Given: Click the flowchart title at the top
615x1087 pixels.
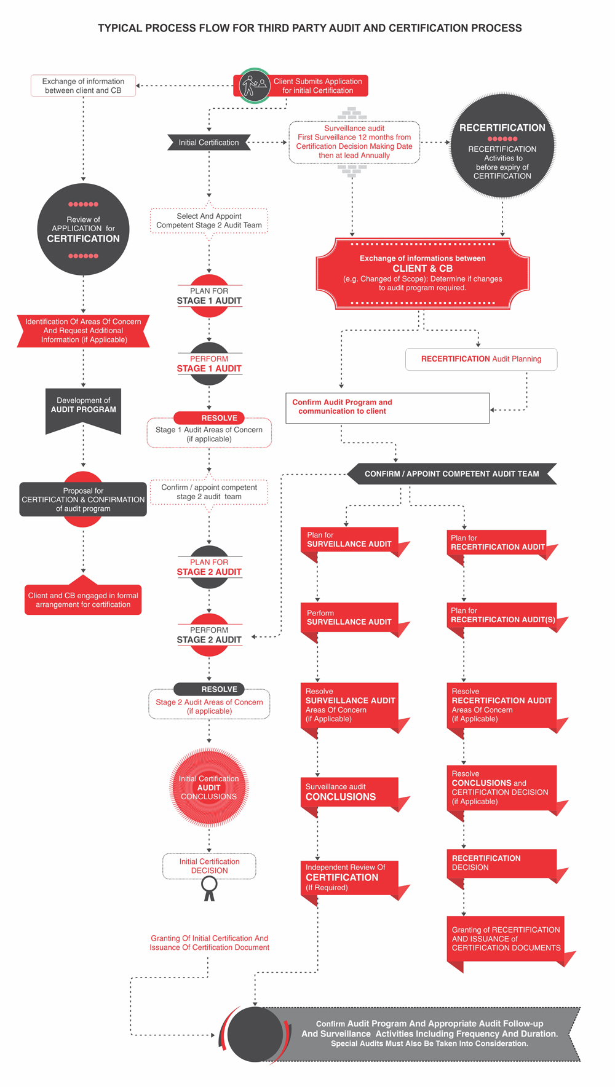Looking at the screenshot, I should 309,28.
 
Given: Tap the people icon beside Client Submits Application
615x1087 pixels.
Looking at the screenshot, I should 254,85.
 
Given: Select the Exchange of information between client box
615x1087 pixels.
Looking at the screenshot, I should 83,85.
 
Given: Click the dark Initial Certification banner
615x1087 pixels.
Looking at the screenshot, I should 209,142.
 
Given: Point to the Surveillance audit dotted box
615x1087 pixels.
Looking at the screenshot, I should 354,142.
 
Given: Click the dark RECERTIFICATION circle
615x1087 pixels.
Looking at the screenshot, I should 502,146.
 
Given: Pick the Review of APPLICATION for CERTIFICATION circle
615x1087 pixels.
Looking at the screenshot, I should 83,229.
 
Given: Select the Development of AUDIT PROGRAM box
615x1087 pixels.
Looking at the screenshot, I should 83,408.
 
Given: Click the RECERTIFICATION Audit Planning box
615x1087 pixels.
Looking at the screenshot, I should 481,359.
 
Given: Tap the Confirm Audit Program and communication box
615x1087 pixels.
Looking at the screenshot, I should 387,408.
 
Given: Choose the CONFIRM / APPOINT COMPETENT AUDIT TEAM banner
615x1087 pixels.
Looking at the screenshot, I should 451,474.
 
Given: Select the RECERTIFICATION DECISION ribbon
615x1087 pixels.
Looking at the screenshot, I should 501,863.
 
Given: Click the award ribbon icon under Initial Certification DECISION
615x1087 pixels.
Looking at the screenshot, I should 210,888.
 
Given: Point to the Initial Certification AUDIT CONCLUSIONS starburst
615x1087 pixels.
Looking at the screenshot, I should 209,788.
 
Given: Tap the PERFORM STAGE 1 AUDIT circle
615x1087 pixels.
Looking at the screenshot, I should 209,364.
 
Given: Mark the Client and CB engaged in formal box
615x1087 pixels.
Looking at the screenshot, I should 83,599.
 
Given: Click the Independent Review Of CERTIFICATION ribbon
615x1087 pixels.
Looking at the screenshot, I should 349,877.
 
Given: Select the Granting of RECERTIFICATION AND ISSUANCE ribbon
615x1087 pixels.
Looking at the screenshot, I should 506,939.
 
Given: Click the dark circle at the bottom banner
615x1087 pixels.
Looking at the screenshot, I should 255,1034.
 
